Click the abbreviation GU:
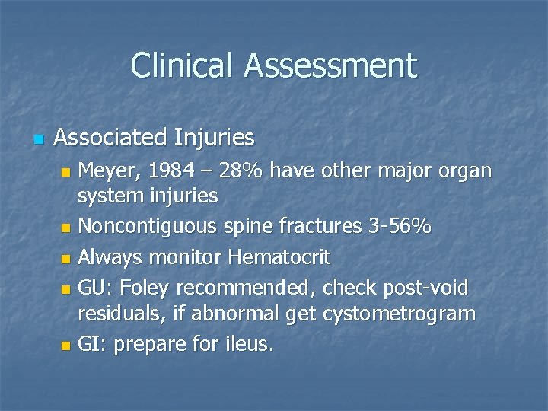(94, 288)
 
